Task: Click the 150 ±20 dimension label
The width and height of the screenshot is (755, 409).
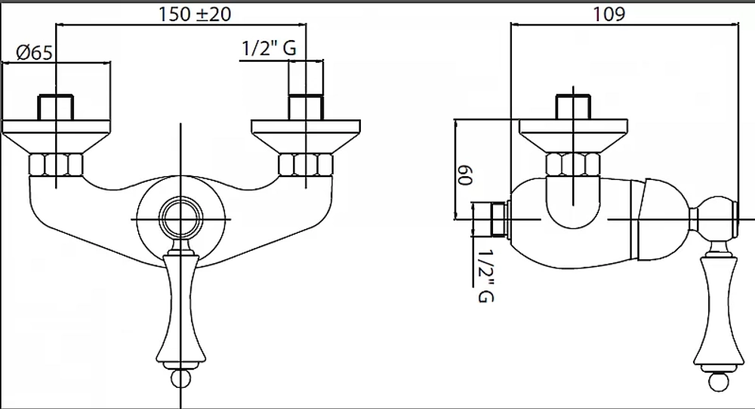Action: (x=195, y=14)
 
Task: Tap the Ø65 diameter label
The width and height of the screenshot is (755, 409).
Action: (x=34, y=52)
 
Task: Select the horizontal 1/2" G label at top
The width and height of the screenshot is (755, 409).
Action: (x=269, y=48)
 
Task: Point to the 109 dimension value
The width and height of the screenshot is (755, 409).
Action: (x=609, y=14)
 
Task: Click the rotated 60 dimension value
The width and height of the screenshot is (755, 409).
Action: (x=465, y=175)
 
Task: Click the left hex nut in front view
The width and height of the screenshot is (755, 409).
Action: (x=57, y=165)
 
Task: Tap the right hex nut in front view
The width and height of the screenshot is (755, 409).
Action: (x=306, y=165)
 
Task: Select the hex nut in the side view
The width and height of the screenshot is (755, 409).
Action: (x=573, y=165)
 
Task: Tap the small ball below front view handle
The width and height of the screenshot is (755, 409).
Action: (x=180, y=379)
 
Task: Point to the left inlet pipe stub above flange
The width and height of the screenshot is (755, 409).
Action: (x=56, y=107)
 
